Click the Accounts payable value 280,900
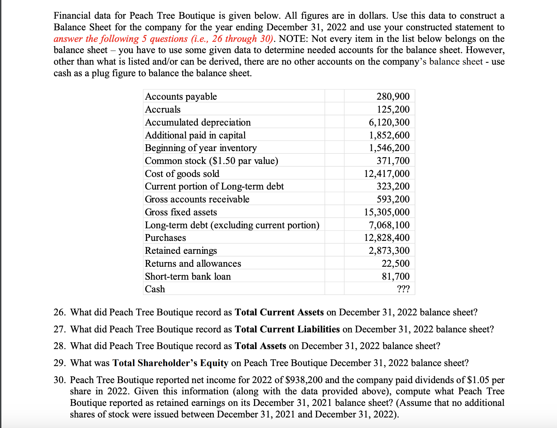point(393,97)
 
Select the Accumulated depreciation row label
point(198,122)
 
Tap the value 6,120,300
point(389,122)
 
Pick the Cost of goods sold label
point(182,174)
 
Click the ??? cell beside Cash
point(403,289)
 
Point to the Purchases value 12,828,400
point(387,238)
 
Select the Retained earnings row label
point(181,251)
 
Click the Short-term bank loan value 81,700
point(396,277)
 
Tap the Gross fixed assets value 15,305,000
point(387,212)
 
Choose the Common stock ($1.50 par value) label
point(211,161)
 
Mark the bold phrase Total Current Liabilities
point(287,329)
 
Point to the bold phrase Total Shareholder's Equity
point(170,363)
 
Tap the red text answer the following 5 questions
point(121,39)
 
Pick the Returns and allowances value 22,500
point(396,264)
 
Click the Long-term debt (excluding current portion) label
point(232,225)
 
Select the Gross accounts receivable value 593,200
point(393,199)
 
